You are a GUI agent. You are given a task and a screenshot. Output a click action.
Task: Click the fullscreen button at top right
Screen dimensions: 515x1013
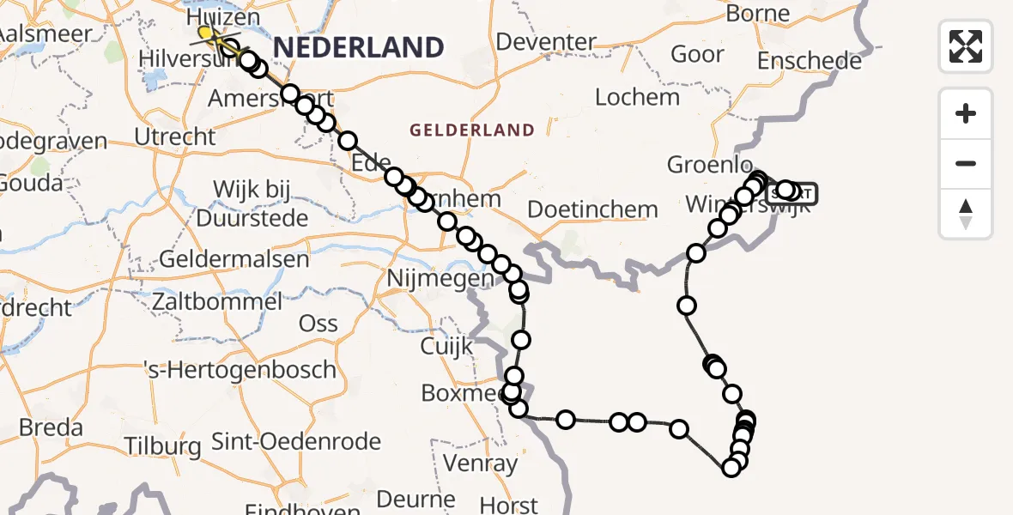[966, 46]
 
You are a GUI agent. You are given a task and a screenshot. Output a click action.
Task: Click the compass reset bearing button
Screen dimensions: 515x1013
[966, 214]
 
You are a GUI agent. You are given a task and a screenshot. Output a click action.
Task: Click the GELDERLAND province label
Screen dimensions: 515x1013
[472, 130]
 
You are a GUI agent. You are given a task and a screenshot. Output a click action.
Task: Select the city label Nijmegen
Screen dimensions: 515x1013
[440, 278]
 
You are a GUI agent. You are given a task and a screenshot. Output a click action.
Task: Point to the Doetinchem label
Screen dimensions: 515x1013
[592, 209]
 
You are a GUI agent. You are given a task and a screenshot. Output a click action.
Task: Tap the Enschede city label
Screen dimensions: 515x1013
[810, 62]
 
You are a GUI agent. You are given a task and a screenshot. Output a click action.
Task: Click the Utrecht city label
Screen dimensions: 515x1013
[175, 136]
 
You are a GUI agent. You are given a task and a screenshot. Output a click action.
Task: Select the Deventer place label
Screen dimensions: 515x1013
[546, 41]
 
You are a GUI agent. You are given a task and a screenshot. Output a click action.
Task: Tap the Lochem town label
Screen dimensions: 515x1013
[637, 97]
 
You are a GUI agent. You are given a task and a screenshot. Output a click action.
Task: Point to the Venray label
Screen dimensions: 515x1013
[481, 465]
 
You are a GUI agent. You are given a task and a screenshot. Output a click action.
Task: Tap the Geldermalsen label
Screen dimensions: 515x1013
[221, 259]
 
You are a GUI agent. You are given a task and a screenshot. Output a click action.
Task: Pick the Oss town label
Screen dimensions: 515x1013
[318, 324]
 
